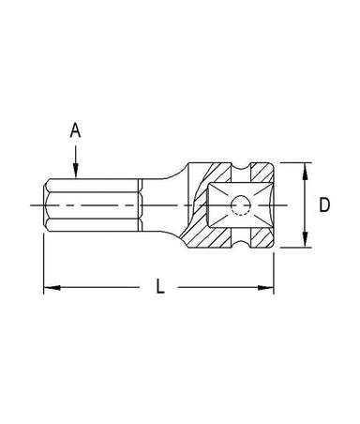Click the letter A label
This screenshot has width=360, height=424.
coord(75,130)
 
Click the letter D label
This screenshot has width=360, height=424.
coord(324,205)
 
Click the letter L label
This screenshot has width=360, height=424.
coord(160,286)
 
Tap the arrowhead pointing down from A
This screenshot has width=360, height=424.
coord(75,171)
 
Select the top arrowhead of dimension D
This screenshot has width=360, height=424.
coord(306,171)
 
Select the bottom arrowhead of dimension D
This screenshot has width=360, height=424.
coord(306,239)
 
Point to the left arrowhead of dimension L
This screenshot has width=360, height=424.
coord(52,287)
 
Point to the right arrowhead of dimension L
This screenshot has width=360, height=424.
coord(265,287)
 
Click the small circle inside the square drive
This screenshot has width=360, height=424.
coord(241,205)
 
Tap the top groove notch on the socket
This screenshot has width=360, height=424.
coord(241,167)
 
